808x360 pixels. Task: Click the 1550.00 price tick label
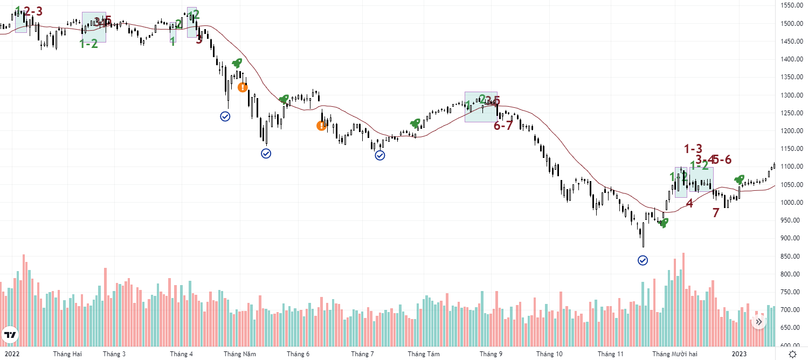pyautogui.click(x=792, y=5)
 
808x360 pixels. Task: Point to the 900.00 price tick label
pyautogui.click(x=792, y=238)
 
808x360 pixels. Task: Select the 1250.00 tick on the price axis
pyautogui.click(x=792, y=113)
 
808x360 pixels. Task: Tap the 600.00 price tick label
pyautogui.click(x=792, y=345)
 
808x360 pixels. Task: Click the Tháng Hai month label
pyautogui.click(x=67, y=354)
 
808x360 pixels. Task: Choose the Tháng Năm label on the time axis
pyautogui.click(x=240, y=354)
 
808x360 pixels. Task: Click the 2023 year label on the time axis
pyautogui.click(x=738, y=354)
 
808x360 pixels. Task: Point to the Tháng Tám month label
pyautogui.click(x=424, y=354)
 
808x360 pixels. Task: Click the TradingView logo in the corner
pyautogui.click(x=10, y=336)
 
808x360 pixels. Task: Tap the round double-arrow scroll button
pyautogui.click(x=758, y=322)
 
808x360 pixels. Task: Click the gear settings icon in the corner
pyautogui.click(x=792, y=354)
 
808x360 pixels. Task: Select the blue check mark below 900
pyautogui.click(x=643, y=261)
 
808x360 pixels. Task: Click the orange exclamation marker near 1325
pyautogui.click(x=243, y=87)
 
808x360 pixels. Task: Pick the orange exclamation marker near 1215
pyautogui.click(x=321, y=126)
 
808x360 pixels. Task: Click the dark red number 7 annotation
pyautogui.click(x=716, y=213)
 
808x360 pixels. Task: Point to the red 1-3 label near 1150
pyautogui.click(x=693, y=149)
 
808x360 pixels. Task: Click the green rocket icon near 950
pyautogui.click(x=663, y=222)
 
